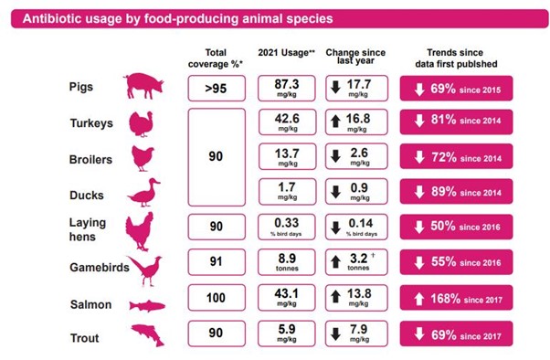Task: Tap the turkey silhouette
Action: pyautogui.click(x=143, y=123)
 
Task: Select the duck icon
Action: pyautogui.click(x=143, y=194)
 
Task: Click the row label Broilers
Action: pyautogui.click(x=91, y=159)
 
